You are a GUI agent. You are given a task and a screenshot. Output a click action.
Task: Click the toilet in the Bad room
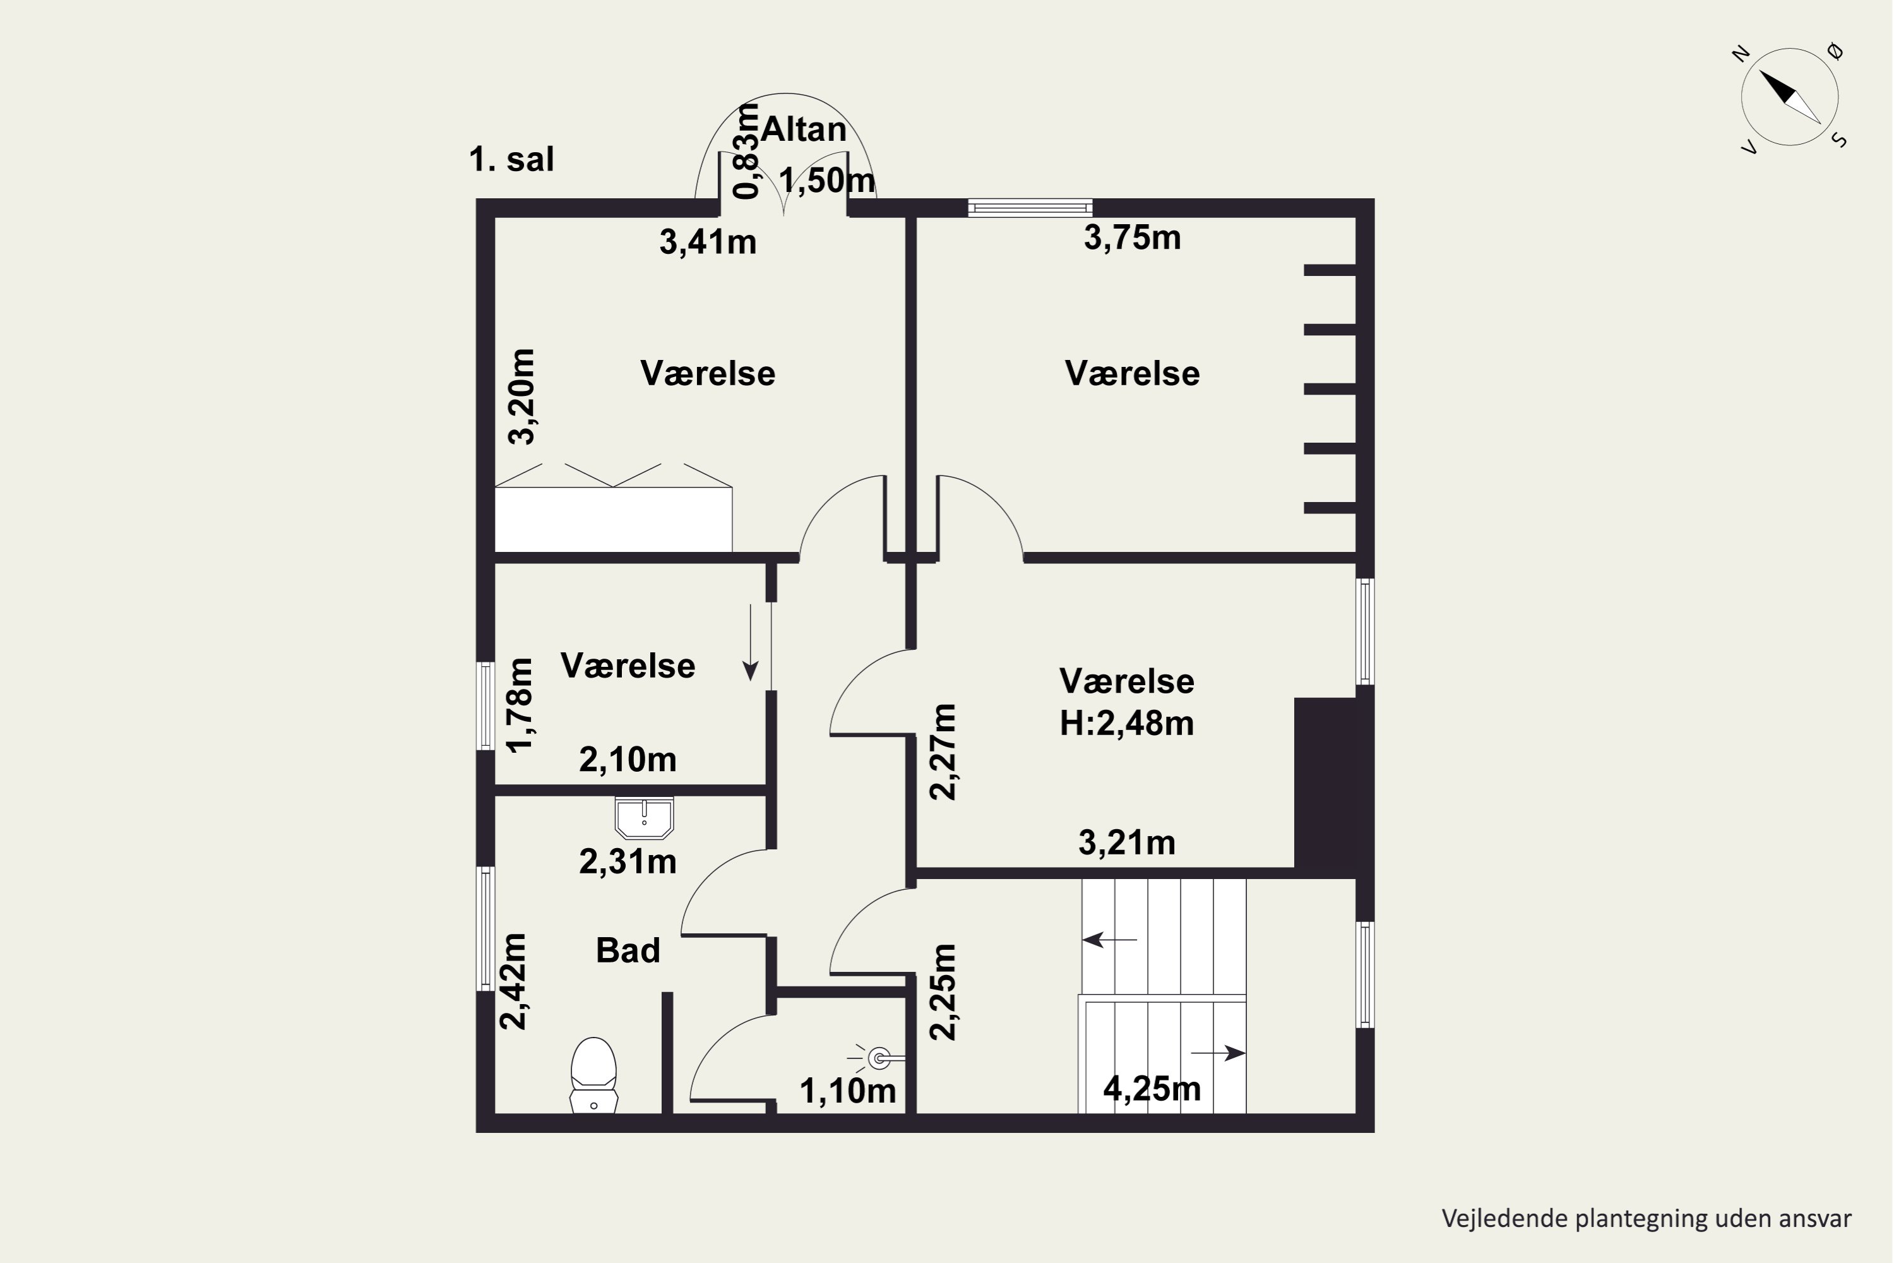point(593,1075)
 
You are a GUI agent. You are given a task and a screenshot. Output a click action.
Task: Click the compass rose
point(1789,97)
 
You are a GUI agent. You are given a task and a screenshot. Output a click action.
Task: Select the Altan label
point(804,129)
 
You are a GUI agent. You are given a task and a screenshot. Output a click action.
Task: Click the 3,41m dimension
point(708,242)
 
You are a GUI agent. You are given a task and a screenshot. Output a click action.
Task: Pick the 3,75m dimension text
point(1132,237)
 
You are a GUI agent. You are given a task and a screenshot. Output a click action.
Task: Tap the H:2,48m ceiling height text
point(1126,723)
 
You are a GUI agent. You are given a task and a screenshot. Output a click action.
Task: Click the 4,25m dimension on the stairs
point(1152,1089)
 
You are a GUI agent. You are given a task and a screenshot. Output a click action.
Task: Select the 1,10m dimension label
point(848,1091)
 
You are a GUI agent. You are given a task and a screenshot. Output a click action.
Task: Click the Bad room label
point(628,950)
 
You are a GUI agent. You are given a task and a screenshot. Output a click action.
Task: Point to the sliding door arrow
point(751,642)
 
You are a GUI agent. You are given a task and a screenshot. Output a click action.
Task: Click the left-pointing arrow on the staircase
point(1110,939)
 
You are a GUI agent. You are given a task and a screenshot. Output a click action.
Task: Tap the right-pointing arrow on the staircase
point(1218,1053)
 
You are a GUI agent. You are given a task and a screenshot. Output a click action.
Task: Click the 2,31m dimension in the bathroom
point(628,862)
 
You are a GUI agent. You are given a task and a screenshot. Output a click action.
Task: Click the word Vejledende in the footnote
point(1494,1219)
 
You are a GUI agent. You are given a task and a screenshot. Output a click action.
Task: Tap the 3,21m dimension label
point(1126,842)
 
